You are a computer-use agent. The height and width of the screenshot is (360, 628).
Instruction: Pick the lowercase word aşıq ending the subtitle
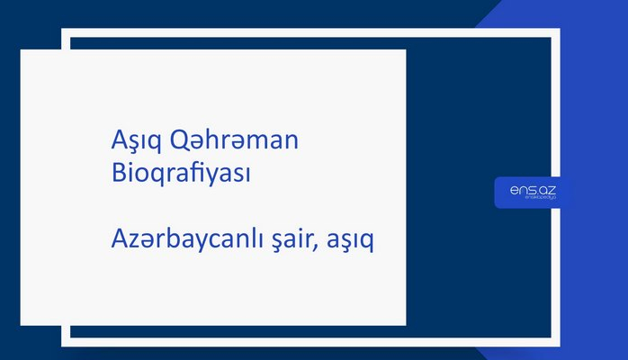[x=353, y=241]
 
